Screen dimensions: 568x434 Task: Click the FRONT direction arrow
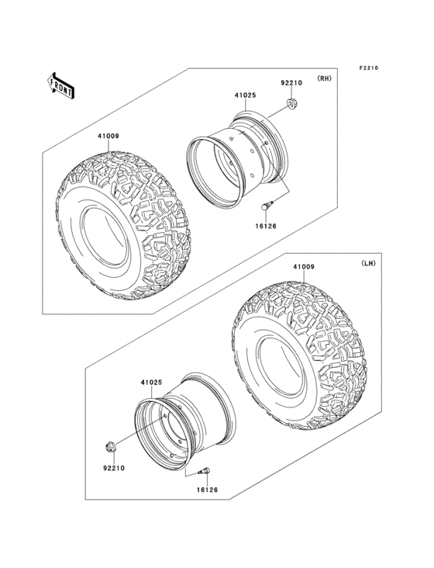61,84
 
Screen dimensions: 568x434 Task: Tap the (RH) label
323,79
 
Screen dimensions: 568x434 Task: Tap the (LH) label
367,264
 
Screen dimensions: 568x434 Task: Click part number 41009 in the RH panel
108,137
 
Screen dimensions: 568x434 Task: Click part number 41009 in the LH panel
303,268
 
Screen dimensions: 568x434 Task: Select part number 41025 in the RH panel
246,96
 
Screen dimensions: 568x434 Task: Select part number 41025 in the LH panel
151,383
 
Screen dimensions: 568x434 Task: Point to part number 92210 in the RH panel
291,83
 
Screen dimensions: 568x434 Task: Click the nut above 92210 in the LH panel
111,447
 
